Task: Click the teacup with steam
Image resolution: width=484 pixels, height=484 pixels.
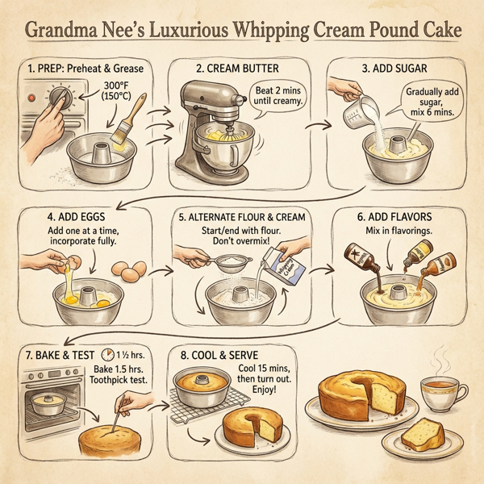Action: tap(443, 392)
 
